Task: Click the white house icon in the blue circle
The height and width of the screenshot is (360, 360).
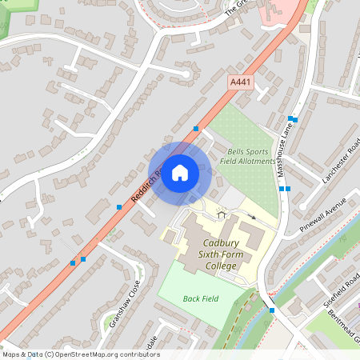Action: click(x=180, y=172)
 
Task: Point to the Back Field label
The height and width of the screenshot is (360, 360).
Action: click(x=200, y=298)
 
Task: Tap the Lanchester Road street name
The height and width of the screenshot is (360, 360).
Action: click(x=342, y=161)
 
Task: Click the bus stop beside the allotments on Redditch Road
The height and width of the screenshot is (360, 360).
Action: click(x=196, y=128)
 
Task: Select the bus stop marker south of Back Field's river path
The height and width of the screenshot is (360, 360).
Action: click(x=272, y=310)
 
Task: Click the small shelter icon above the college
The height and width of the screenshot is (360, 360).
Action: click(x=222, y=214)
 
